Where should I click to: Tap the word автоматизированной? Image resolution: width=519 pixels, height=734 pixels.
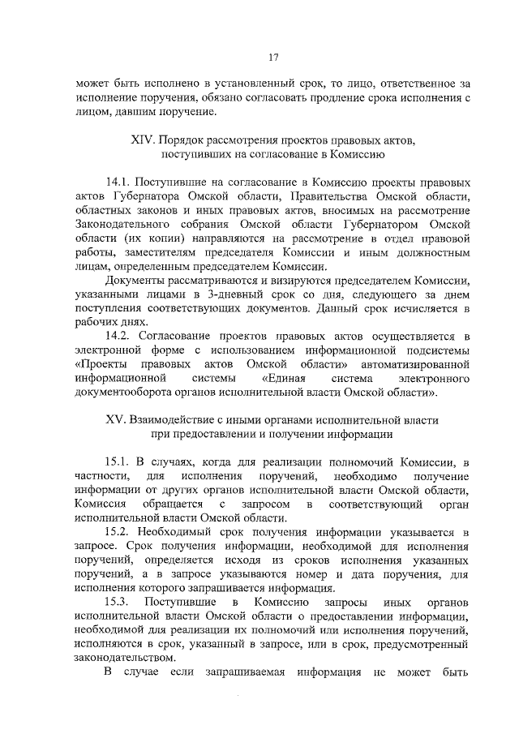tap(410, 364)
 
